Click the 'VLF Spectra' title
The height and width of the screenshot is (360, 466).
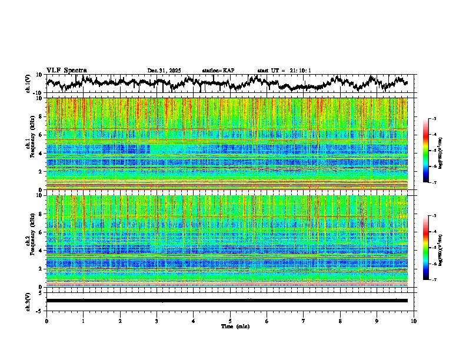[x=66, y=70]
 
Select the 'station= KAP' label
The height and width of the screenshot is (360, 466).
[x=218, y=71]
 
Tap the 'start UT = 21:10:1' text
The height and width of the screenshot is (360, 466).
[x=284, y=71]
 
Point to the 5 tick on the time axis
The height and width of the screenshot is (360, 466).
[x=230, y=321]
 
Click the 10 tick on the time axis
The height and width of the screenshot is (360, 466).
[x=414, y=321]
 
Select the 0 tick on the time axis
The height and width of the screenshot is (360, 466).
[x=46, y=321]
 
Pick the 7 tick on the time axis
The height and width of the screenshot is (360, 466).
[x=304, y=321]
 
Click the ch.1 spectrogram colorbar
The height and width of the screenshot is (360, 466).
[x=432, y=151]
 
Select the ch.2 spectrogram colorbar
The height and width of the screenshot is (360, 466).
[x=432, y=248]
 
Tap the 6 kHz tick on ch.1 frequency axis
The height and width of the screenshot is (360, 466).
[x=41, y=135]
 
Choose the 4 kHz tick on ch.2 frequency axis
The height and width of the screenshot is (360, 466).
[x=41, y=251]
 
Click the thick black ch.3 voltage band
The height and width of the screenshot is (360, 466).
[x=227, y=301]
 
